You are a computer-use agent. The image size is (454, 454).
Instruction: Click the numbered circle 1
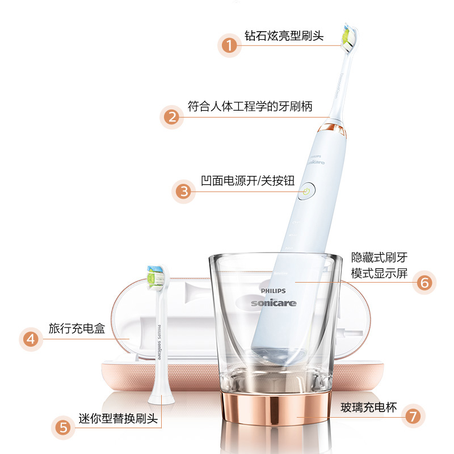click(x=229, y=45)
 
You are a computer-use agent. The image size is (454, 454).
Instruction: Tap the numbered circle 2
click(x=172, y=117)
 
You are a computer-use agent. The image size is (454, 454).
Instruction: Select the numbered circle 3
click(x=183, y=192)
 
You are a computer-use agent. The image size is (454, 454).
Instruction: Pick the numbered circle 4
click(x=31, y=339)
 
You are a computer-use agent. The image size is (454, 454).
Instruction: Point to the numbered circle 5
click(x=63, y=428)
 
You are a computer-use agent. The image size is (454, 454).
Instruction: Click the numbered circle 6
click(x=424, y=283)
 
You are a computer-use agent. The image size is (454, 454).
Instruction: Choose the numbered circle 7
click(x=413, y=416)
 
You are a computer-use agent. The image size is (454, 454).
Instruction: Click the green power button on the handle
click(x=306, y=191)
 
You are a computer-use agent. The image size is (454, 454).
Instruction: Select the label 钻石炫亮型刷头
click(x=284, y=36)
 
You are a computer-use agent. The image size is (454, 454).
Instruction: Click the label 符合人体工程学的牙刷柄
click(x=250, y=106)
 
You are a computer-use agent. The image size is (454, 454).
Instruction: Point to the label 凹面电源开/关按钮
click(x=247, y=180)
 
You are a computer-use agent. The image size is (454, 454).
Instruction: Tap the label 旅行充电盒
click(x=77, y=329)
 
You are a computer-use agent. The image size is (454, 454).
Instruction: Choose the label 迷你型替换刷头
click(x=118, y=418)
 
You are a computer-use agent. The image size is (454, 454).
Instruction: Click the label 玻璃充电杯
click(x=368, y=407)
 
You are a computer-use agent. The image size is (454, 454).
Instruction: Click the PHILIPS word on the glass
click(x=273, y=291)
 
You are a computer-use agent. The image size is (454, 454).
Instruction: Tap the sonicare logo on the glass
click(x=274, y=303)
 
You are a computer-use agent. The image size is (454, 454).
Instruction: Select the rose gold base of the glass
click(x=275, y=407)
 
